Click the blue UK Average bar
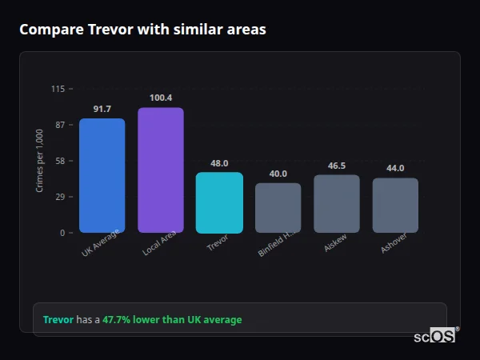point(102,175)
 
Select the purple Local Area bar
point(161,170)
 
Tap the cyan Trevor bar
point(219,202)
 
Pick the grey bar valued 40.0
point(278,208)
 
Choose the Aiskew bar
point(337,204)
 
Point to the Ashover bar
point(395,206)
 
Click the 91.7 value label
point(102,109)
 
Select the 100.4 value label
point(161,98)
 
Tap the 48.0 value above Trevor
point(219,163)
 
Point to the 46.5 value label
point(337,166)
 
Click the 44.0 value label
point(395,169)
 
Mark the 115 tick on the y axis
point(58,89)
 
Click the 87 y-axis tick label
point(60,125)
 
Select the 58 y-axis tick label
point(60,161)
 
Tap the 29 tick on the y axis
point(60,197)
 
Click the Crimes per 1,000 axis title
point(40,161)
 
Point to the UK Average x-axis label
point(101,242)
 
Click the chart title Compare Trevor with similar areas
point(142,30)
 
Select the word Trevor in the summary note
point(58,320)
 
